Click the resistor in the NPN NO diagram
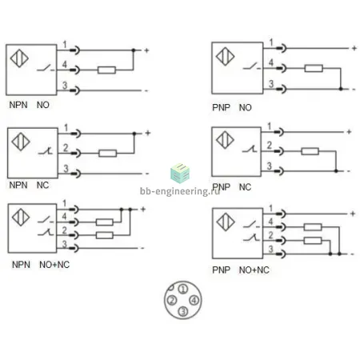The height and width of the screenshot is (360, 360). click(106, 70)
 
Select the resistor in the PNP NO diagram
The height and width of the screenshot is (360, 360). click(314, 68)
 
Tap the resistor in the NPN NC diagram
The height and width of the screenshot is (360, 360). click(108, 154)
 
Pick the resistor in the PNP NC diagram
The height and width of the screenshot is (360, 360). click(310, 151)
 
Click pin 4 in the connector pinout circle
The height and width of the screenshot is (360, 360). click(194, 300)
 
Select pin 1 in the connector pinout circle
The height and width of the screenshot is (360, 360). click(183, 289)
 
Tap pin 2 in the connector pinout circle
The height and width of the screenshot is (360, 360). click(172, 300)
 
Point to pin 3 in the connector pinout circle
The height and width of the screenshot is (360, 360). click(183, 311)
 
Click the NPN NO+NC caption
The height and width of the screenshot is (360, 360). click(41, 265)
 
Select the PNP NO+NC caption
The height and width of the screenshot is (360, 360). click(241, 270)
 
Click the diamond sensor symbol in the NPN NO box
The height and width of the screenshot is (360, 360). click(19, 58)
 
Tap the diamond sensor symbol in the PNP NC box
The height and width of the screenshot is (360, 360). click(225, 140)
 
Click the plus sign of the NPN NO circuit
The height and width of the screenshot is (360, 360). click(146, 50)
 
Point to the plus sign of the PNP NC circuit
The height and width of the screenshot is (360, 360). click(349, 132)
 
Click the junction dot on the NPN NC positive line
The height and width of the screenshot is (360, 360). click(134, 134)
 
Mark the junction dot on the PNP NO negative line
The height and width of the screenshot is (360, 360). click(341, 89)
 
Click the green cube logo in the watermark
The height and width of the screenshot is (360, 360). click(180, 173)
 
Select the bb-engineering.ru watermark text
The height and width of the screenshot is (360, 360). click(180, 191)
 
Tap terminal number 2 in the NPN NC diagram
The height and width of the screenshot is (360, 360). click(66, 148)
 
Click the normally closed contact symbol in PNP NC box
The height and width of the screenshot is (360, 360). click(250, 149)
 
